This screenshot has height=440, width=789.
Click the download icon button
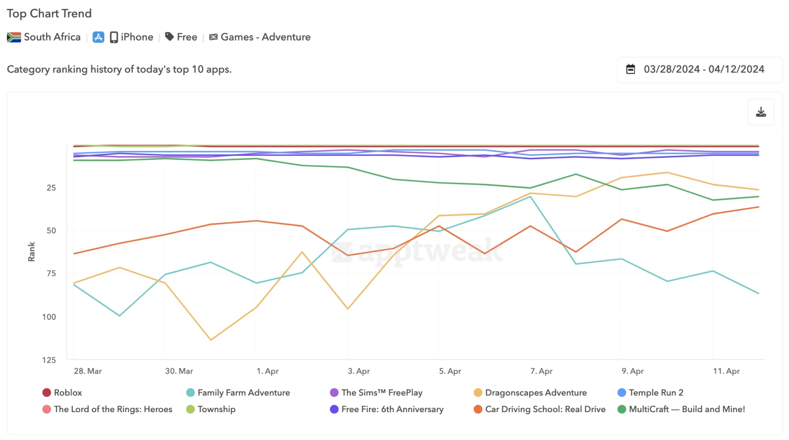click(x=761, y=112)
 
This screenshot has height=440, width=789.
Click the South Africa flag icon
click(x=14, y=37)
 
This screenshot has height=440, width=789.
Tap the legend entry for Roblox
click(x=68, y=393)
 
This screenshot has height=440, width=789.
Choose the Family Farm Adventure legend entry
click(x=243, y=393)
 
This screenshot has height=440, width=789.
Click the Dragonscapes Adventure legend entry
click(x=535, y=393)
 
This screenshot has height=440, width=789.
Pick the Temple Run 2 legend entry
click(x=655, y=393)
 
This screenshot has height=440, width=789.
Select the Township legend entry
click(x=216, y=409)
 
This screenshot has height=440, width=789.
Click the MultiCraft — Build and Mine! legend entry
click(x=686, y=409)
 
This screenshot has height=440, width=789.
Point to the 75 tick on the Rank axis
click(x=51, y=273)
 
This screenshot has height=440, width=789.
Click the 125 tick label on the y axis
click(x=49, y=360)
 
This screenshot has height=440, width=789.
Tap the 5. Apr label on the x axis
click(x=450, y=371)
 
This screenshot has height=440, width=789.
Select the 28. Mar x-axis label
click(x=88, y=371)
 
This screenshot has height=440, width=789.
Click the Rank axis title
click(x=31, y=252)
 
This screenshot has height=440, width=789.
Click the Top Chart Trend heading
click(x=49, y=13)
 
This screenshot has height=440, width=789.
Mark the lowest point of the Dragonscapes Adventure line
click(x=210, y=340)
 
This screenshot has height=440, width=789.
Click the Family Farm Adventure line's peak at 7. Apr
click(x=530, y=197)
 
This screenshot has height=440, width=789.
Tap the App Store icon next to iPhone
click(x=98, y=37)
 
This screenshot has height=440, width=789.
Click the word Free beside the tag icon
click(x=187, y=37)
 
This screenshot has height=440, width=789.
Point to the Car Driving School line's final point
click(x=759, y=207)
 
